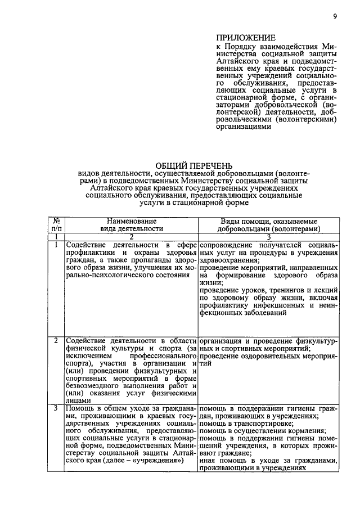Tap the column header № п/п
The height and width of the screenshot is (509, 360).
click(x=57, y=225)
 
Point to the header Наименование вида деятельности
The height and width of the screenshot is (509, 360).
click(x=132, y=225)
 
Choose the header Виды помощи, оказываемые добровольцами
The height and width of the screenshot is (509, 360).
click(x=269, y=225)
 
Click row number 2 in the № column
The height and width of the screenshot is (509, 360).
click(x=57, y=341)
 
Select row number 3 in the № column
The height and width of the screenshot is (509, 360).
click(x=57, y=408)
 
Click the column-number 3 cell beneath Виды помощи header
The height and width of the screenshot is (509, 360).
click(x=269, y=238)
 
